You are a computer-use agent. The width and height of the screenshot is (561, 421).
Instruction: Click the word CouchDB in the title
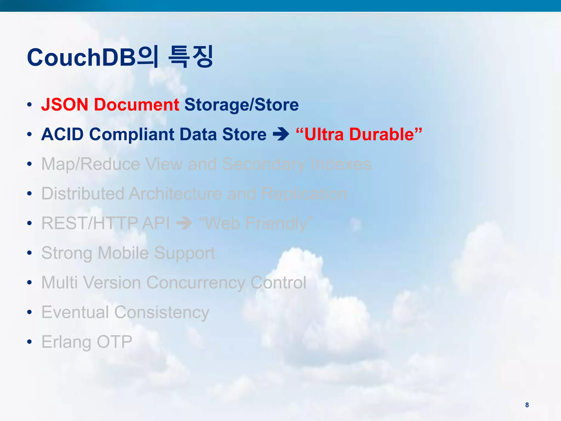pos(81,58)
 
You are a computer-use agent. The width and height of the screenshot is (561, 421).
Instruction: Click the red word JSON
pos(65,105)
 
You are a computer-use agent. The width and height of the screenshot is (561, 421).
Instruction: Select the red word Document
pos(136,105)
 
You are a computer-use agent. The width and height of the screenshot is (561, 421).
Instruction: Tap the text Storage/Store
pos(241,105)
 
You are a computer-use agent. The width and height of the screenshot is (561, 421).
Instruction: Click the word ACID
pos(62,134)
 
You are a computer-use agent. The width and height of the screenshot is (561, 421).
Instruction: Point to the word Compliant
pos(132,134)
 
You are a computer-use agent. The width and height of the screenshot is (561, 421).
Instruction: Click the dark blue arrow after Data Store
pos(281,134)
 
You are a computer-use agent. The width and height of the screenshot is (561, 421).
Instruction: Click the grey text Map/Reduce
pos(91,164)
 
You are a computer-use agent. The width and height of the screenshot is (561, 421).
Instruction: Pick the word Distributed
pos(83,194)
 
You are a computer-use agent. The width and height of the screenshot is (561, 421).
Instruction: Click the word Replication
pos(304,194)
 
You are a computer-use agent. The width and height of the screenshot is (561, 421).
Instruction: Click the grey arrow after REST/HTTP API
pos(184,223)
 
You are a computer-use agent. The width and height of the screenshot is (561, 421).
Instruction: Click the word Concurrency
pos(196,282)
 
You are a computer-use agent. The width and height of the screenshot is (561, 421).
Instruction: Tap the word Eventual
pos(75,312)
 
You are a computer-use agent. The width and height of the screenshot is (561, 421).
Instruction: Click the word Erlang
pos(66,342)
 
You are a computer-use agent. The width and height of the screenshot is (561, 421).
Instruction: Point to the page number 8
pos(527,405)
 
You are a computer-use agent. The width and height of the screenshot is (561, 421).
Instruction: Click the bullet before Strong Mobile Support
pos(30,253)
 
